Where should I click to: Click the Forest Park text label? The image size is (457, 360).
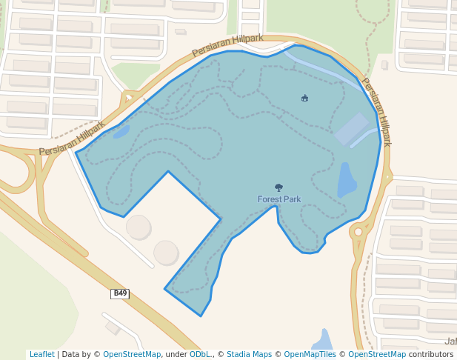tap(279, 199)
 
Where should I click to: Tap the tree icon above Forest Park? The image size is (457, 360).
tap(278, 188)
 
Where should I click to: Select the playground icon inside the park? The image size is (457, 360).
tap(304, 98)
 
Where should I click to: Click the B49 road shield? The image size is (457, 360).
tap(120, 294)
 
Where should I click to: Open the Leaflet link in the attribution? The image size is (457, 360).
tap(41, 355)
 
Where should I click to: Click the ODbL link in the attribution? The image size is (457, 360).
tap(200, 355)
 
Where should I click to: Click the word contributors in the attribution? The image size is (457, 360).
tap(431, 355)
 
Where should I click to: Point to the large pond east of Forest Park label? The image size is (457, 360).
tap(346, 181)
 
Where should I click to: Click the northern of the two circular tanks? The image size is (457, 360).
tap(139, 227)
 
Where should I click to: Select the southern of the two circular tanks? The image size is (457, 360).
tap(166, 253)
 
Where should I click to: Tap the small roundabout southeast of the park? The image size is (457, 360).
tap(358, 232)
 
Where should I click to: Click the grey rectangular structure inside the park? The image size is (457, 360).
tap(350, 128)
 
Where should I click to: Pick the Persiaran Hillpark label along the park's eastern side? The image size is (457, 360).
tap(376, 111)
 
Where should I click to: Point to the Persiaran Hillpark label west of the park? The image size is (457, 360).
tap(72, 139)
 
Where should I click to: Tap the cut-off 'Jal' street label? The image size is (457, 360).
tap(450, 341)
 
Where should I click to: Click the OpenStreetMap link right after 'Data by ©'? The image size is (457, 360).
tap(132, 355)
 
